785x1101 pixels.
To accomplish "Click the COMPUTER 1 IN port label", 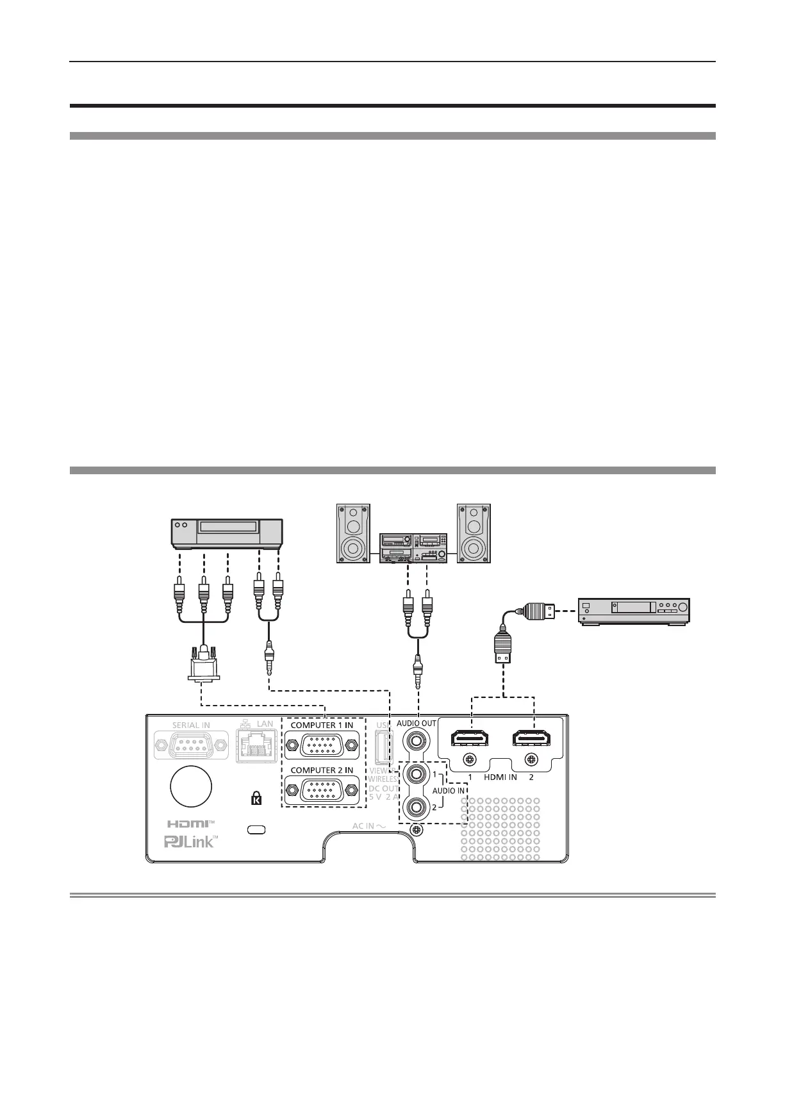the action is (321, 725).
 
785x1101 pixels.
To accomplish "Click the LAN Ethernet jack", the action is (255, 746).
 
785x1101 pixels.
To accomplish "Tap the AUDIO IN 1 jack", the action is (416, 774).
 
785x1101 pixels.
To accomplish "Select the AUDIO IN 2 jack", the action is (416, 806).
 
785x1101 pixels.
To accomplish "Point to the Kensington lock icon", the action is (256, 799).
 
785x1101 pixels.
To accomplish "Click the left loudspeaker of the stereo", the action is (353, 533).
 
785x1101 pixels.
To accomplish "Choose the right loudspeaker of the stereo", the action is (474, 533).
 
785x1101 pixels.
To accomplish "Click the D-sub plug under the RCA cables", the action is (204, 662).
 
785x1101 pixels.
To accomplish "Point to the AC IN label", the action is (368, 826).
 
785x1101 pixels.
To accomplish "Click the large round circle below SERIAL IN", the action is (191, 786).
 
